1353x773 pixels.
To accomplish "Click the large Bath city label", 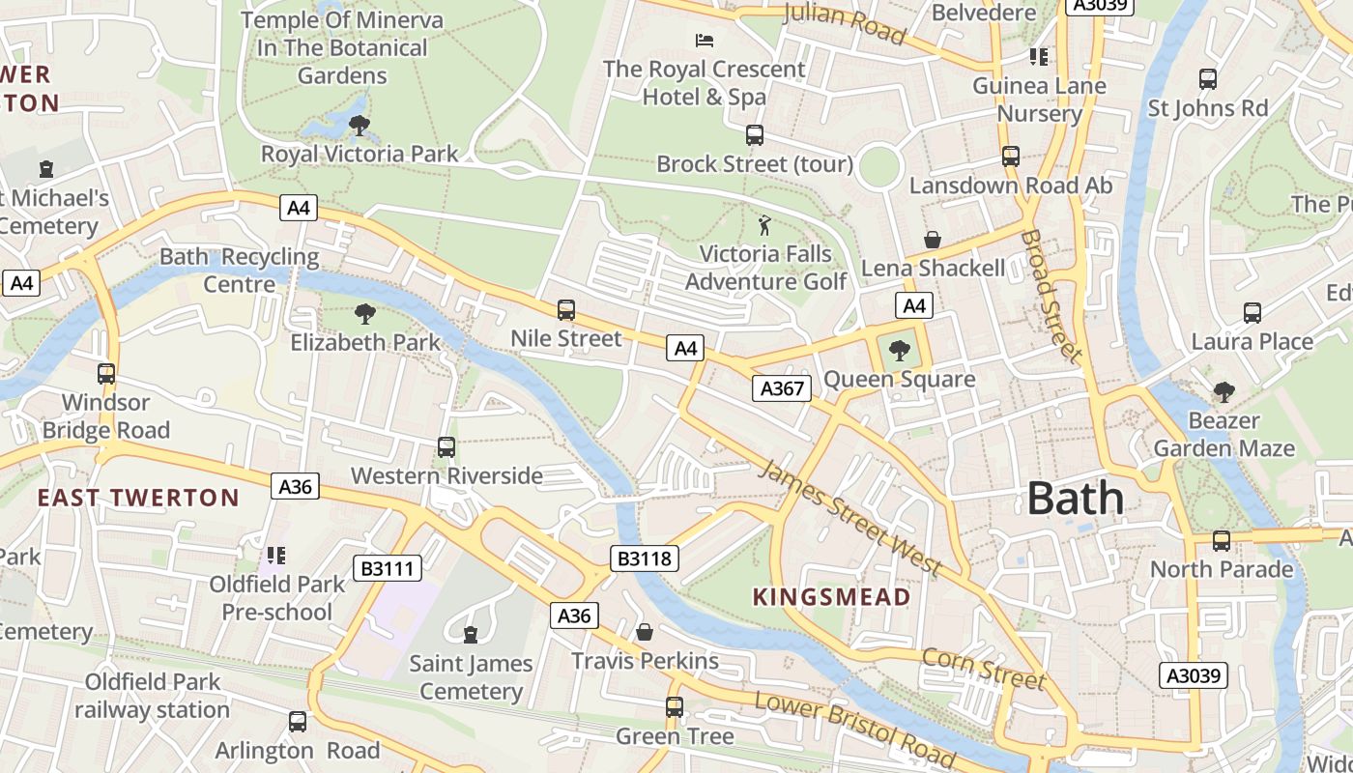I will point(1075,499).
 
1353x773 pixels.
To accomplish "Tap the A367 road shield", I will point(781,388).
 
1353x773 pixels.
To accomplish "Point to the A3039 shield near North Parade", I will point(1194,674).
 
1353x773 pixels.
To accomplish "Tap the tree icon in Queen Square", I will point(900,351).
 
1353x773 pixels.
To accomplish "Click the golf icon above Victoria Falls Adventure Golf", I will point(765,225).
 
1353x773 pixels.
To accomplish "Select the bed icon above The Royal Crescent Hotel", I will point(705,41).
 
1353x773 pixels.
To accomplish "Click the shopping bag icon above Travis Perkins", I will point(645,632).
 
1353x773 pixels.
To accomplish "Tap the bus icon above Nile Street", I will point(566,310).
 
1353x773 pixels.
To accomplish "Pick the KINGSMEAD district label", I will point(831,597).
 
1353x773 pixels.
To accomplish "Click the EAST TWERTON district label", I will point(138,499).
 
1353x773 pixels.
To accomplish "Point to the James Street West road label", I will point(849,518).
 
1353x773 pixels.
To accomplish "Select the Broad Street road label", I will point(1051,295).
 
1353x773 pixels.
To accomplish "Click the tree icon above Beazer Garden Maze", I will point(1223,392).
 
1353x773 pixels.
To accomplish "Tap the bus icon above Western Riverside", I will point(446,447).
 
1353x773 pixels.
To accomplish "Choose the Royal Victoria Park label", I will point(360,154).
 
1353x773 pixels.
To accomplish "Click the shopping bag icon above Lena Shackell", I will point(933,240).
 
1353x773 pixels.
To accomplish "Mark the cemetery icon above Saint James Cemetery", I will point(471,635).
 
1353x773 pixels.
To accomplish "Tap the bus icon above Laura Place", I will point(1252,313).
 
